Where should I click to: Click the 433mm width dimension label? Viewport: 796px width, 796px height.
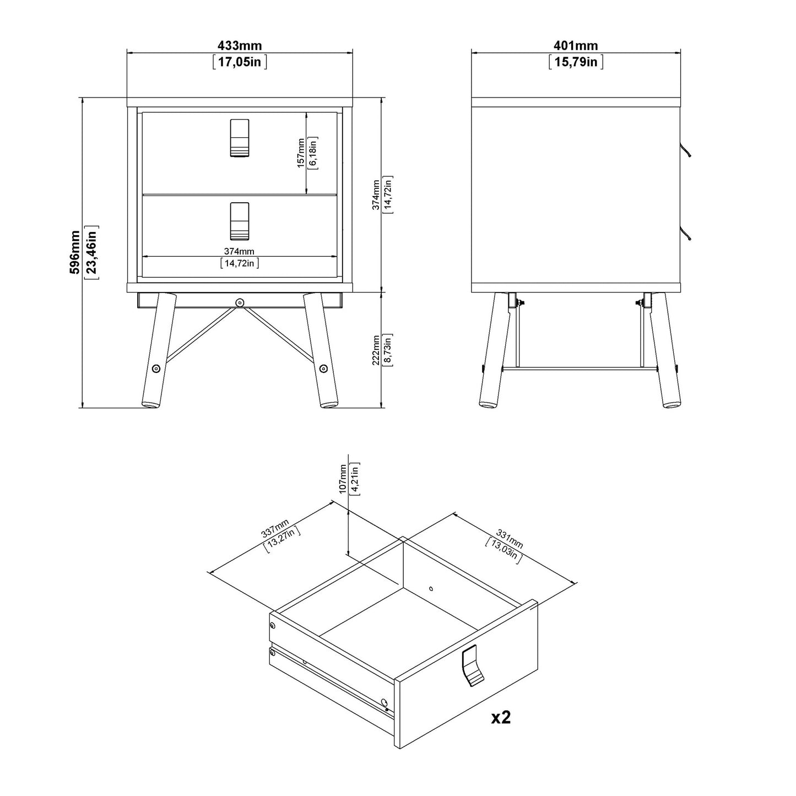(239, 46)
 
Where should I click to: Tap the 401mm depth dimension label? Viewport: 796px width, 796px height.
(576, 46)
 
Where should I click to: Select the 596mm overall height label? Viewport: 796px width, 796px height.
(75, 252)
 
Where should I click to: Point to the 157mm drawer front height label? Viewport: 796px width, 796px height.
(301, 153)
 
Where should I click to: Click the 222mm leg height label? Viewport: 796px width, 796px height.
(376, 349)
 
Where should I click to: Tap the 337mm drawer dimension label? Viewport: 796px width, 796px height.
(275, 529)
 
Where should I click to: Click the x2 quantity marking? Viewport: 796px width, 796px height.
(501, 717)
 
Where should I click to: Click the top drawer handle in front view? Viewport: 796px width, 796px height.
(239, 138)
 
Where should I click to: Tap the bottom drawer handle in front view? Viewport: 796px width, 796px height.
(239, 221)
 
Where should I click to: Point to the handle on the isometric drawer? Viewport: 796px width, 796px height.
(472, 667)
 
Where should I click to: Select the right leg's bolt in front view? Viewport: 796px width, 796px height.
(323, 369)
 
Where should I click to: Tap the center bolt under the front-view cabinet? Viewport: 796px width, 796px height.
(239, 302)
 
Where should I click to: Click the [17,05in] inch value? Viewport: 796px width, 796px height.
(239, 61)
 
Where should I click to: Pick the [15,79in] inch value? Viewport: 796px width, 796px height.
(576, 61)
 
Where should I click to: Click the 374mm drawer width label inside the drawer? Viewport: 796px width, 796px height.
(239, 252)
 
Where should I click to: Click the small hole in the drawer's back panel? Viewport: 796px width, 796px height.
(431, 588)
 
